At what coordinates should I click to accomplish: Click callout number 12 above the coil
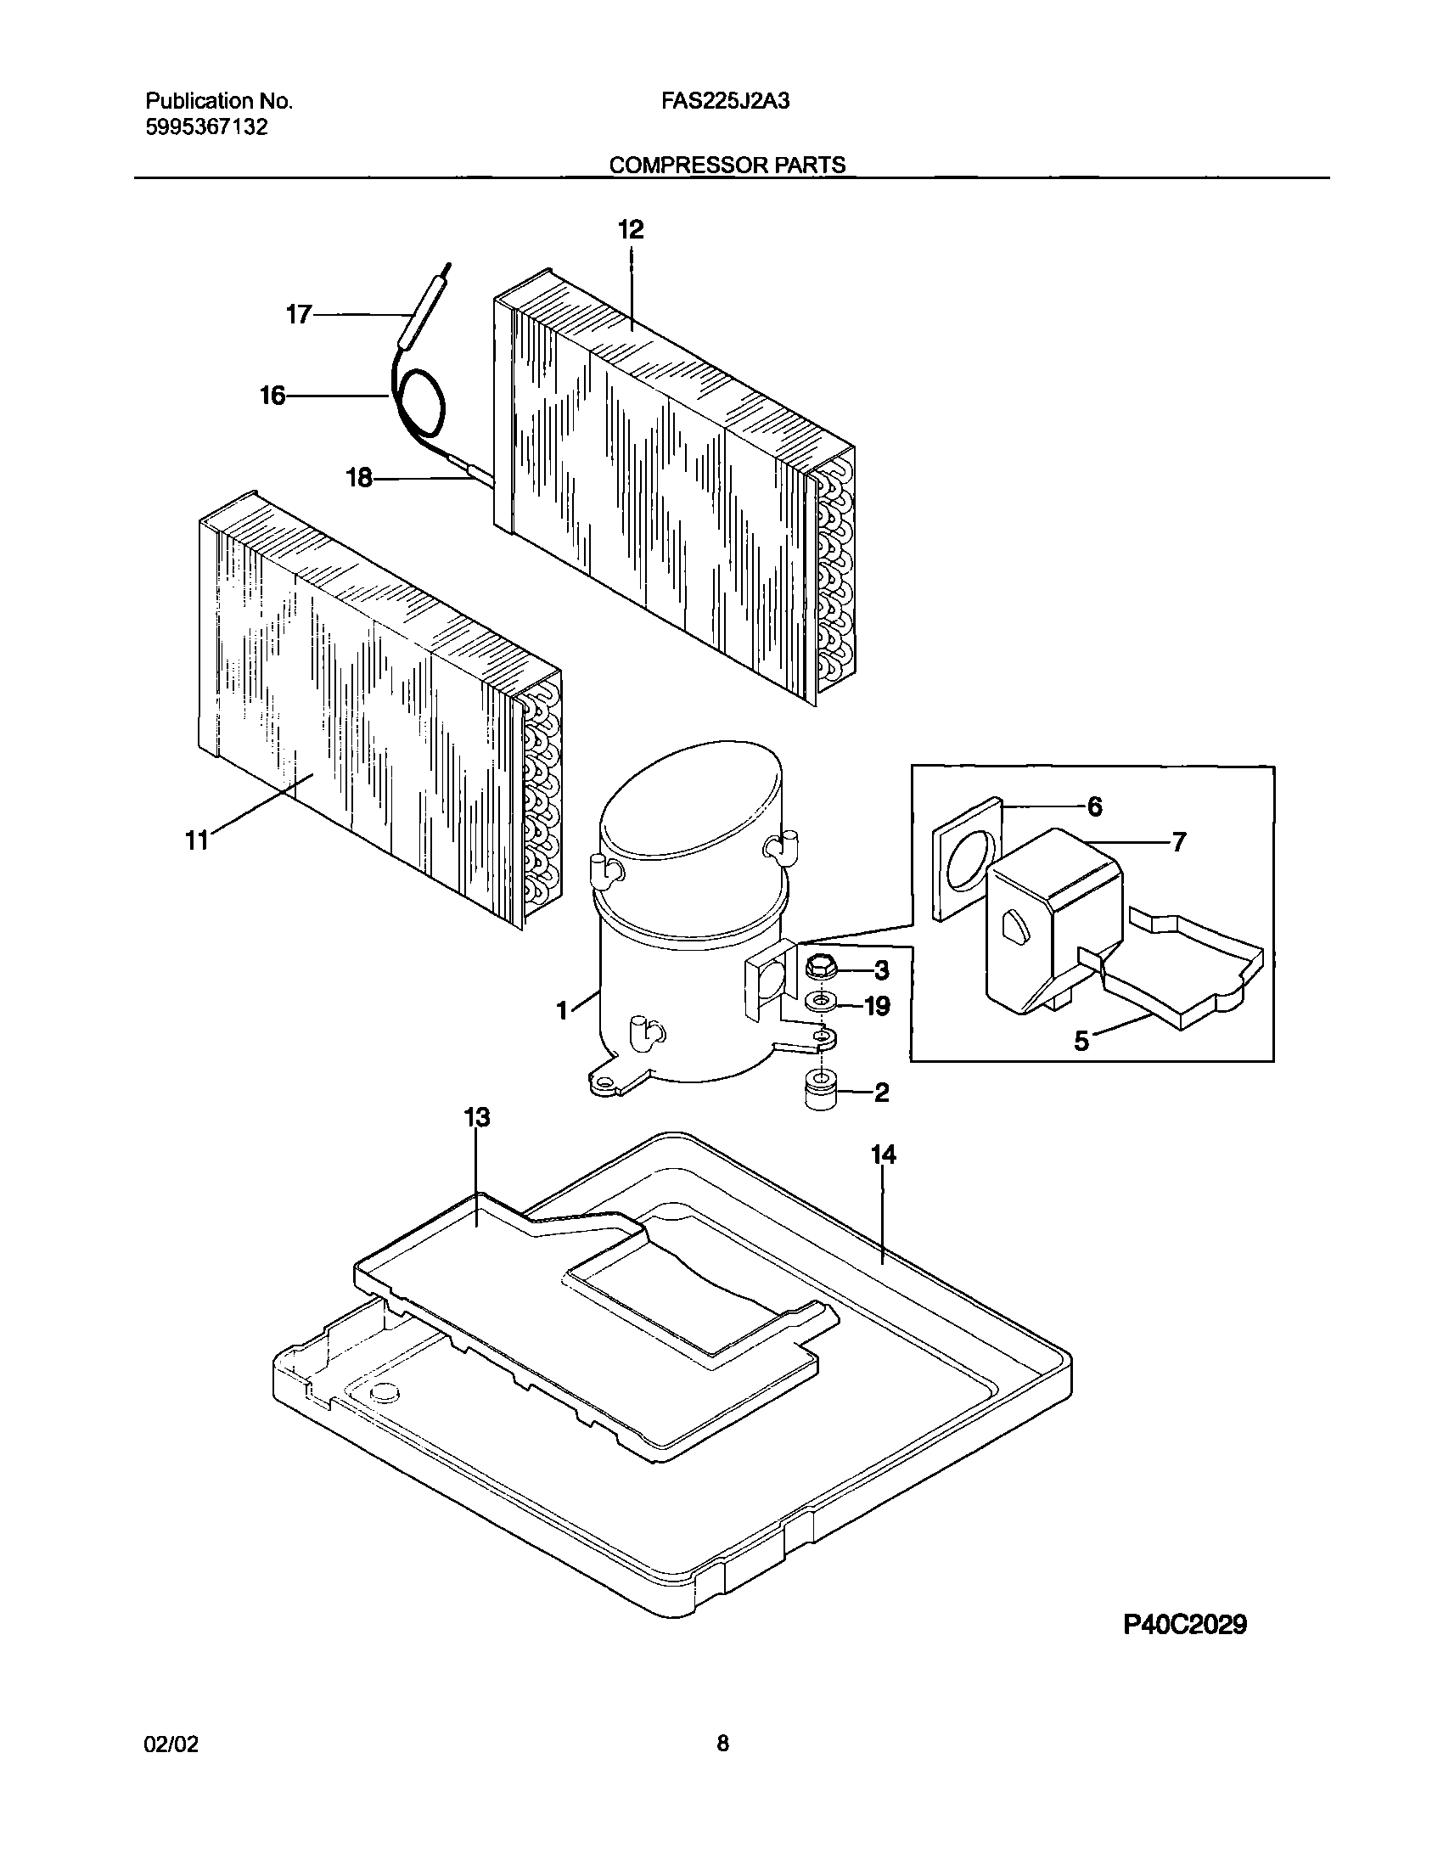click(631, 230)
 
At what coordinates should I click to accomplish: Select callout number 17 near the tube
click(299, 315)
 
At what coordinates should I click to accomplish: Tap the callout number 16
click(272, 396)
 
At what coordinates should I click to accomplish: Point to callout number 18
click(360, 479)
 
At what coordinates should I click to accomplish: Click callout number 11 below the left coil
click(197, 841)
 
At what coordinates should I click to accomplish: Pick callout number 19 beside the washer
click(877, 1006)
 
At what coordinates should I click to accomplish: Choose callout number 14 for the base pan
click(883, 1155)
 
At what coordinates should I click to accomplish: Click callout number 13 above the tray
click(477, 1117)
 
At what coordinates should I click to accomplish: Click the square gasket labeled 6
click(965, 864)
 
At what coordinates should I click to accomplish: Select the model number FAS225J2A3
click(726, 102)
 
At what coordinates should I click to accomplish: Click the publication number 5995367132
click(207, 128)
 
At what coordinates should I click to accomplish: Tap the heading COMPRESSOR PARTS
click(727, 165)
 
